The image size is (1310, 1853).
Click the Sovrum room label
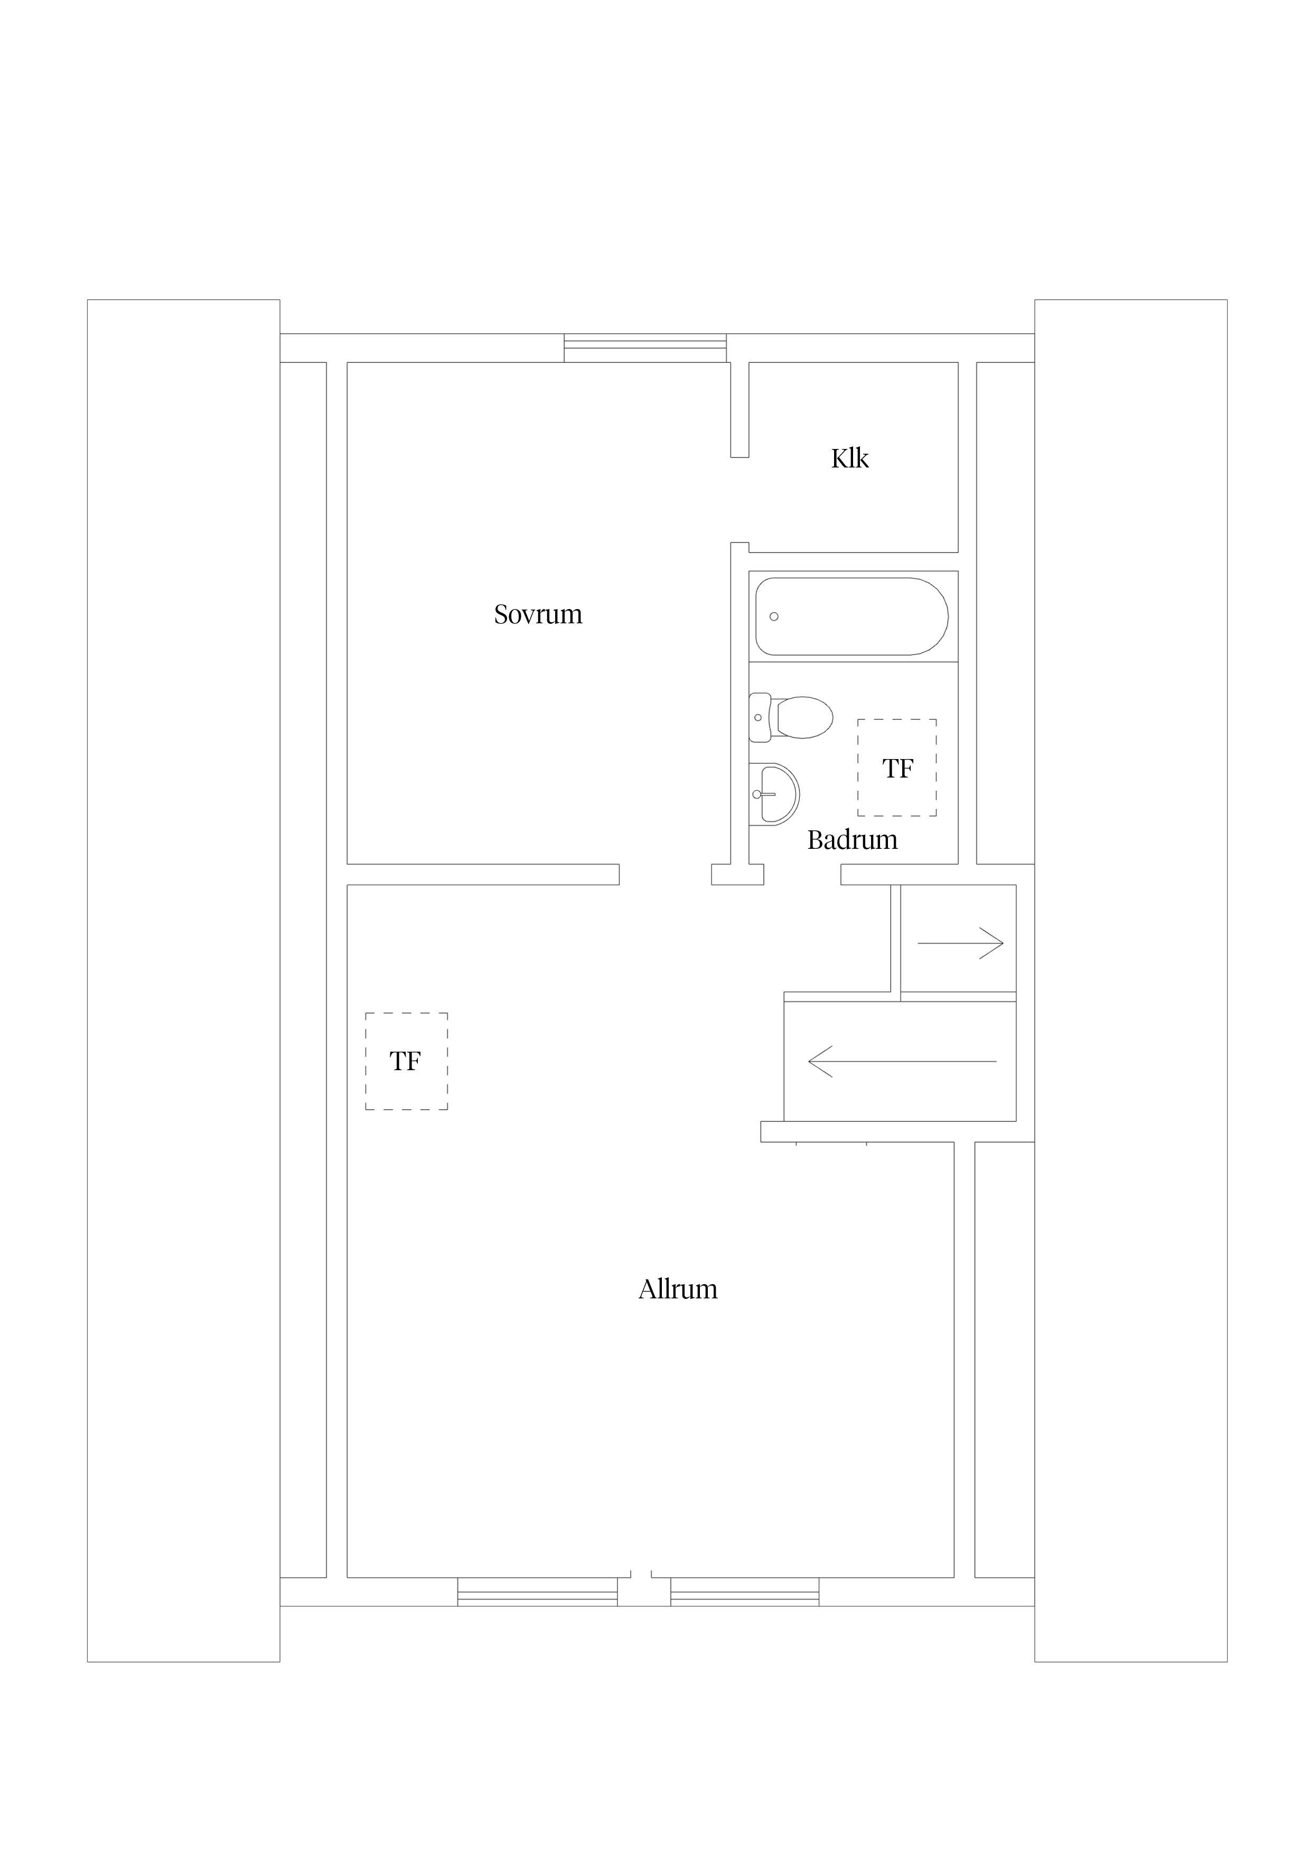click(x=538, y=615)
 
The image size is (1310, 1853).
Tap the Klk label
click(x=850, y=458)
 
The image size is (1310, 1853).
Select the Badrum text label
click(x=853, y=840)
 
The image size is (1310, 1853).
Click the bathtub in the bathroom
click(x=851, y=616)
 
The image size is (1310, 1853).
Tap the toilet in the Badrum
click(x=791, y=717)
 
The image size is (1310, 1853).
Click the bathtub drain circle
click(x=774, y=616)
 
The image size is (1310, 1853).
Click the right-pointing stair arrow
click(x=960, y=943)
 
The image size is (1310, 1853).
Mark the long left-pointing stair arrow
click(x=902, y=1061)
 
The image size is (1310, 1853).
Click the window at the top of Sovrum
click(x=645, y=348)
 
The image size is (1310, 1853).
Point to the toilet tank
click(x=759, y=717)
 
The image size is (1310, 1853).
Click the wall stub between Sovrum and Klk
click(x=740, y=410)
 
